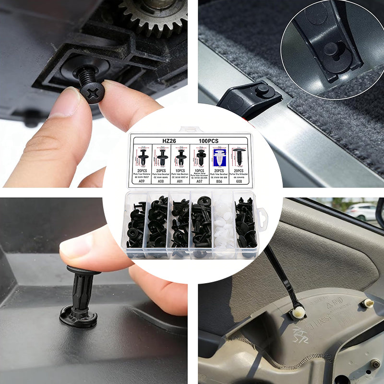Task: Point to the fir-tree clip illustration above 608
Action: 239,157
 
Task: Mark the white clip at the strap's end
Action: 298,312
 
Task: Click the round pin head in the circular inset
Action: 331,48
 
